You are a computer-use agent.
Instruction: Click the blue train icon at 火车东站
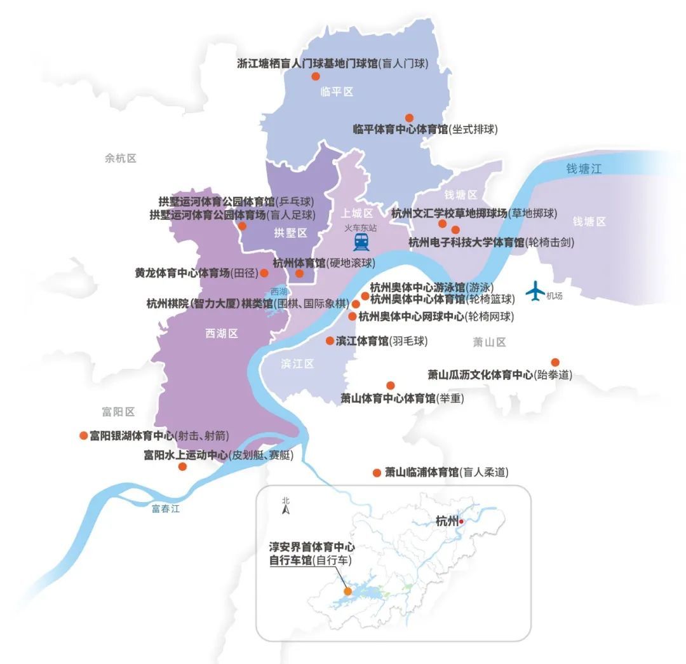point(361,241)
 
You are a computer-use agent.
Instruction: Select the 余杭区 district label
point(121,158)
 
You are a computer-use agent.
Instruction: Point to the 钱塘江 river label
point(584,168)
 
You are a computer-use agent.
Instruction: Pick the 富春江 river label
point(166,508)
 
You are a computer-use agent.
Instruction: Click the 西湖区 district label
point(222,334)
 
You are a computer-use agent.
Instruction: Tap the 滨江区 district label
point(298,364)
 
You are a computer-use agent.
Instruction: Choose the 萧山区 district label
point(489,342)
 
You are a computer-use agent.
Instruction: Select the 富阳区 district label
point(119,412)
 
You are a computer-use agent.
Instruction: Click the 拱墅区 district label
point(290,233)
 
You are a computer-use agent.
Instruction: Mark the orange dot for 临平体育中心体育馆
point(409,118)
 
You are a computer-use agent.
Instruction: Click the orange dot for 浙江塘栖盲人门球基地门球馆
point(315,76)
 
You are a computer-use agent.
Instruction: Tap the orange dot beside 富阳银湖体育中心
point(83,435)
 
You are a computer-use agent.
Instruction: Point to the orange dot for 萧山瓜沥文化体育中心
point(555,362)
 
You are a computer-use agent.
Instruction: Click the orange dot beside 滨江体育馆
point(330,341)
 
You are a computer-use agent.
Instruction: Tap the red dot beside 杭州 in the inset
point(462,522)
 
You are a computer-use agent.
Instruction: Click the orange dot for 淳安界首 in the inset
point(347,591)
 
